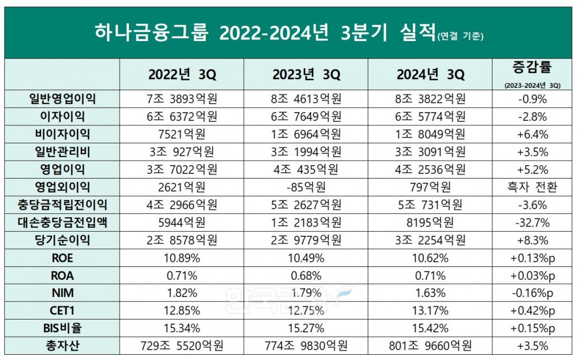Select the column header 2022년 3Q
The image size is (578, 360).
pos(181,75)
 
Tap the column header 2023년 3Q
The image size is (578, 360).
pos(305,75)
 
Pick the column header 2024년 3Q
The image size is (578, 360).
pos(430,75)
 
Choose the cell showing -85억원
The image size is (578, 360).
pos(305,187)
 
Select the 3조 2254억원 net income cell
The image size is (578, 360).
pos(430,240)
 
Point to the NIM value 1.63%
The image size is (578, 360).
pos(430,293)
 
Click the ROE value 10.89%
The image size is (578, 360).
pos(181,258)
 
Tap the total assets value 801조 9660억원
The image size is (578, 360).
pos(430,346)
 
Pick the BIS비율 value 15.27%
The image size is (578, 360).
pos(305,328)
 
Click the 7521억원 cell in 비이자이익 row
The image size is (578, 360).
pos(181,134)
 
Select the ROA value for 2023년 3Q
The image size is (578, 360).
pos(305,275)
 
